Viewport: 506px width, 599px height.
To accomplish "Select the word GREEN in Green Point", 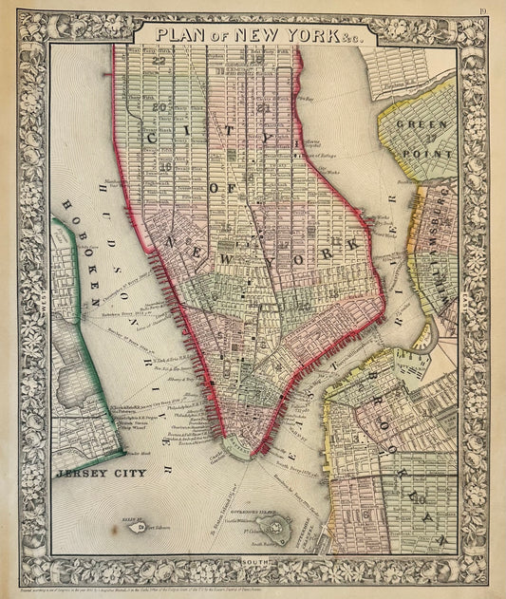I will click(x=415, y=123).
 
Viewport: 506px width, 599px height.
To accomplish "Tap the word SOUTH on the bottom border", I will click(x=254, y=562).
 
